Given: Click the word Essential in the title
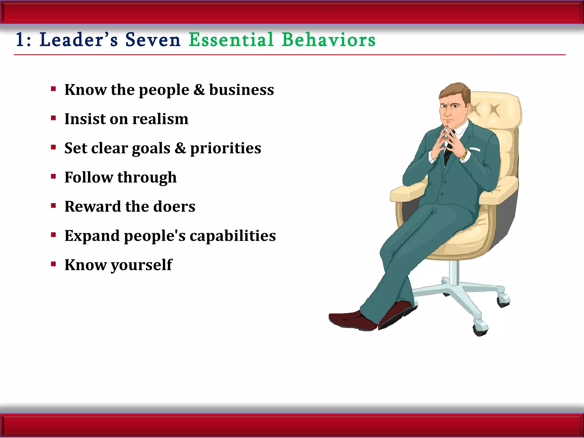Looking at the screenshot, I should [231, 40].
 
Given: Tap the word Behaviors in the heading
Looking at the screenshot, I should [328, 40].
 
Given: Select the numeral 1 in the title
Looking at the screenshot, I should [20, 40].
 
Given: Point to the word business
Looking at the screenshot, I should [242, 90].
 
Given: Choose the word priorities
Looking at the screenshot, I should [226, 148].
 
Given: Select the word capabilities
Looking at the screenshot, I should [233, 236].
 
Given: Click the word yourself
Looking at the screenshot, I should [141, 265].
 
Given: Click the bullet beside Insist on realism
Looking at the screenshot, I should [53, 118].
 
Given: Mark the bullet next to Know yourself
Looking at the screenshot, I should [53, 264].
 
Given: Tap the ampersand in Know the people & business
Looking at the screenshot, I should [199, 90].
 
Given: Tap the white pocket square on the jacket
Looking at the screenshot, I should [475, 149].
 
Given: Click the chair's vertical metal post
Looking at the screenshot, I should [454, 272].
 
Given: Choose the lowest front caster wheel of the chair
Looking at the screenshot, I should [481, 329].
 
